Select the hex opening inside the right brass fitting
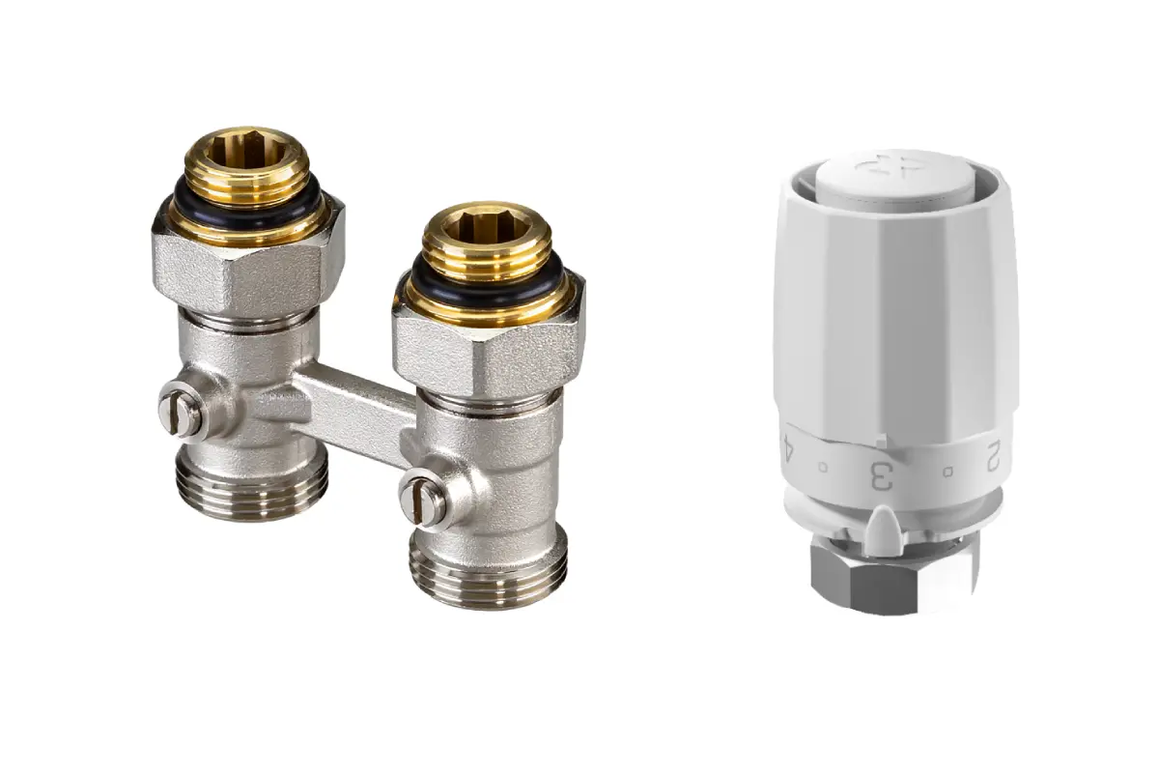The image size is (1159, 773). pyautogui.click(x=486, y=221)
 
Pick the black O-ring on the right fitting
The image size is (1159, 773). pyautogui.click(x=488, y=284)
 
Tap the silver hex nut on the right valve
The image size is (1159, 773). pyautogui.click(x=489, y=353)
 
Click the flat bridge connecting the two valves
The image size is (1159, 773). pyautogui.click(x=352, y=409)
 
